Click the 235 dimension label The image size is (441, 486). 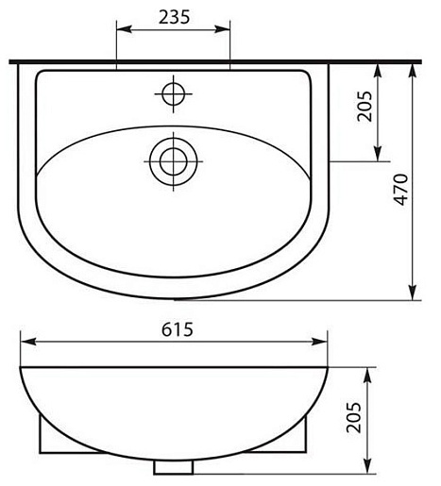pyautogui.click(x=174, y=17)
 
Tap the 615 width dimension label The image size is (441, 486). pyautogui.click(x=178, y=329)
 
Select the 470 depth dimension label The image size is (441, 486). pyautogui.click(x=401, y=190)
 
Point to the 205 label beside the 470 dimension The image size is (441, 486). pyautogui.click(x=365, y=106)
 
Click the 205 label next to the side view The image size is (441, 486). pyautogui.click(x=353, y=417)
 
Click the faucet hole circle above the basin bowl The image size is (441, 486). pyautogui.click(x=174, y=93)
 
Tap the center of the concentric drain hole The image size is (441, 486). pyautogui.click(x=174, y=161)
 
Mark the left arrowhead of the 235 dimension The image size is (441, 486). pyautogui.click(x=124, y=29)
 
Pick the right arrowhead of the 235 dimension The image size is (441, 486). pyautogui.click(x=223, y=29)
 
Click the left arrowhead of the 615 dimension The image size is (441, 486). pyautogui.click(x=27, y=342)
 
